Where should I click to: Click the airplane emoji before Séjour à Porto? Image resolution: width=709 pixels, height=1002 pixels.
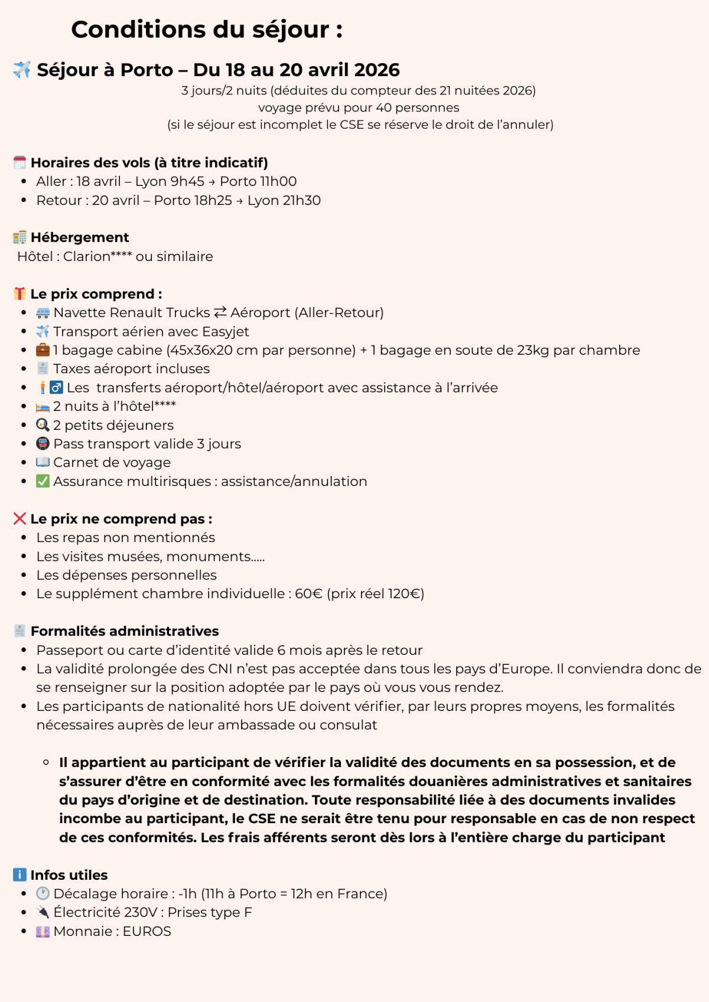(x=22, y=70)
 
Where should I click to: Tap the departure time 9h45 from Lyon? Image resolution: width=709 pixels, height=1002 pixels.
(x=187, y=181)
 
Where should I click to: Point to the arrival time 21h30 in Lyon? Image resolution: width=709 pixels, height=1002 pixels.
(x=302, y=200)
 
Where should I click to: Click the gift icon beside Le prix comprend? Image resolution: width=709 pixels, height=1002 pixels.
(x=19, y=293)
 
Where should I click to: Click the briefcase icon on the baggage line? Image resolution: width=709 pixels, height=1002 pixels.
(x=43, y=350)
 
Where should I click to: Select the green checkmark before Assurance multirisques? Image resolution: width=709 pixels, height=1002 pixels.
(x=43, y=481)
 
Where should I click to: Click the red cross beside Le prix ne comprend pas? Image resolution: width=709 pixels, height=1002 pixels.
(x=19, y=518)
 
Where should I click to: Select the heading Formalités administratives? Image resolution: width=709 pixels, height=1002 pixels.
(x=124, y=631)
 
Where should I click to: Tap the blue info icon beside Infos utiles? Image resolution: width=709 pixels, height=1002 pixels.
(x=19, y=874)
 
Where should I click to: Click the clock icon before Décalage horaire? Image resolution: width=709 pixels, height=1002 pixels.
(x=43, y=893)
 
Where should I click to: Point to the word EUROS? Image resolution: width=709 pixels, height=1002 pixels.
(x=147, y=931)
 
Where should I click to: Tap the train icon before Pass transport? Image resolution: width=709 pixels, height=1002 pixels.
(x=43, y=443)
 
